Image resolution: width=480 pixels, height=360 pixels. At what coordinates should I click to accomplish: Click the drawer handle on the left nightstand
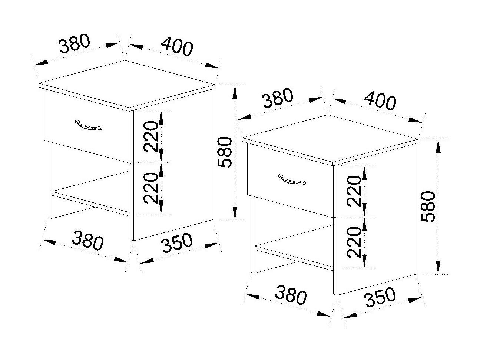[x=88, y=125]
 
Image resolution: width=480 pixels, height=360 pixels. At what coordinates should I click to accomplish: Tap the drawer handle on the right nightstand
[x=292, y=179]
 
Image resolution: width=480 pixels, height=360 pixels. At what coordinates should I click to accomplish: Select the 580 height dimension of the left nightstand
[x=225, y=152]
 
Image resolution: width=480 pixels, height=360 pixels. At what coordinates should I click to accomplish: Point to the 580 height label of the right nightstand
[x=428, y=207]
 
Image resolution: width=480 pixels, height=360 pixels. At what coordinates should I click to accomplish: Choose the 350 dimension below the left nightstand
[x=177, y=243]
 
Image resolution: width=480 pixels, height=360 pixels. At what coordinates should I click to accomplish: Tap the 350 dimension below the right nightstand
[x=380, y=297]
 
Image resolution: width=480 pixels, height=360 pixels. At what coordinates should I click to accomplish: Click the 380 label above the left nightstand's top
[x=75, y=43]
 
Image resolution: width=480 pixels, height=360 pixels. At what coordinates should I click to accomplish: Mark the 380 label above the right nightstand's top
[x=278, y=98]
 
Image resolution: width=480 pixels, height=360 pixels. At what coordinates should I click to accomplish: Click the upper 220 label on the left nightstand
[x=150, y=136]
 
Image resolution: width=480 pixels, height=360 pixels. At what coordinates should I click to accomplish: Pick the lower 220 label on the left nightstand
[x=150, y=188]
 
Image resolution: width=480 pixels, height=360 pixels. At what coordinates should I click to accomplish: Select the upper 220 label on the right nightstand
[x=354, y=191]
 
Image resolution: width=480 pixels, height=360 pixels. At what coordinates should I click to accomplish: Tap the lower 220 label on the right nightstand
[x=354, y=242]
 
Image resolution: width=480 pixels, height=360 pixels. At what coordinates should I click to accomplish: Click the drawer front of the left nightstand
[x=87, y=126]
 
